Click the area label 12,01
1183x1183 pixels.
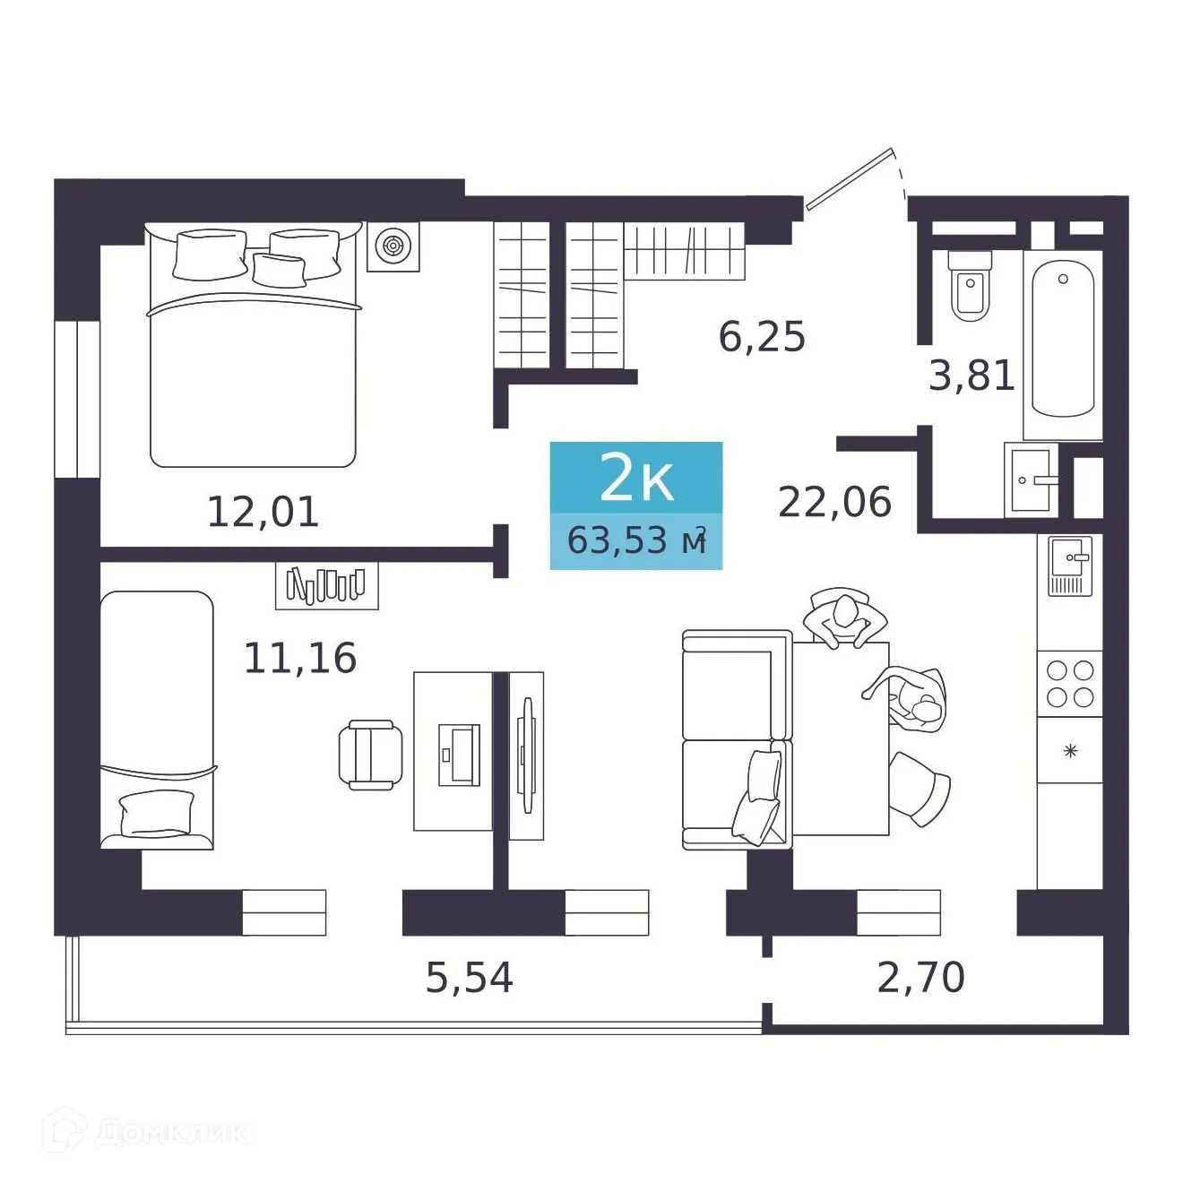(x=263, y=512)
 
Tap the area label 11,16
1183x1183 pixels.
(x=300, y=658)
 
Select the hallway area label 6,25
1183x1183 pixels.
(x=762, y=337)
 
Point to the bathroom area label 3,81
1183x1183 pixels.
(x=971, y=376)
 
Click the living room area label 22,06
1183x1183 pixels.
(x=834, y=502)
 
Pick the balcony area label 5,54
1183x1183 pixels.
(x=469, y=977)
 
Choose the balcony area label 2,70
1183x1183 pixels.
(x=920, y=977)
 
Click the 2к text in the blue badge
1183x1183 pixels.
(x=636, y=478)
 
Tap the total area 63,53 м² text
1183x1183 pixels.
(x=636, y=541)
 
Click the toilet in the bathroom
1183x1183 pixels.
(x=970, y=285)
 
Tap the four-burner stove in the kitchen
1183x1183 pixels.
(x=1070, y=684)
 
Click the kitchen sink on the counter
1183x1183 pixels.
(x=1070, y=566)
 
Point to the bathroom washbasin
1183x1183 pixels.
(x=1031, y=479)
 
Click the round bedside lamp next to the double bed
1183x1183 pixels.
(x=393, y=245)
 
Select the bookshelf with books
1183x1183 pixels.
(x=326, y=585)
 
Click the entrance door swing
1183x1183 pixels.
(x=851, y=179)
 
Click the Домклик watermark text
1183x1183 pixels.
(x=170, y=1132)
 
